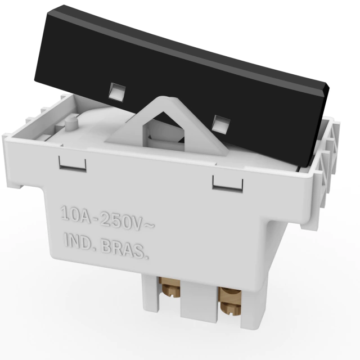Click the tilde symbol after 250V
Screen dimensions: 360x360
pyautogui.click(x=149, y=226)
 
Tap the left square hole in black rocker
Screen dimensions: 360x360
pyautogui.click(x=117, y=92)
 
